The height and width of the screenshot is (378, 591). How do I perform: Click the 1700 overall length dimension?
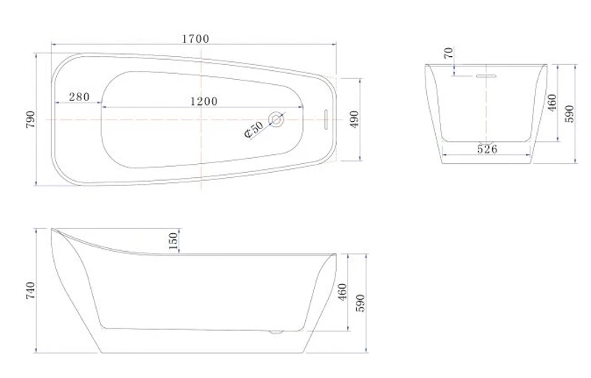coord(195,39)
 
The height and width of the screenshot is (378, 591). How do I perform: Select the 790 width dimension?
coord(30,120)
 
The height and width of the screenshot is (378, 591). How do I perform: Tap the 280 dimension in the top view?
coord(79,97)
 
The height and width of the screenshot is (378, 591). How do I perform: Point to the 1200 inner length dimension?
coord(204,101)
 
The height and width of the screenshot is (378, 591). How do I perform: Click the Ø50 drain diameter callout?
coord(254,129)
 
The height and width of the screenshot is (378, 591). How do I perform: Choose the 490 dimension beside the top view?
coord(355,120)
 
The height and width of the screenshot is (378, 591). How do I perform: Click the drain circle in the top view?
coord(276,120)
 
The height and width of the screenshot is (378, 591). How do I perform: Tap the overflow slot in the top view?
coord(326,120)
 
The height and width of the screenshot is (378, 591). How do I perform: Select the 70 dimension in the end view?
coord(448,53)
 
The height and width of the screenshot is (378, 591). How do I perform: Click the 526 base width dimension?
coord(487,149)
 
